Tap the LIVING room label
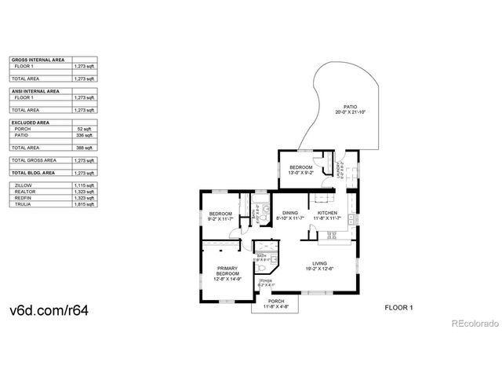coord(320,264)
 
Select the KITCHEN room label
coord(327,213)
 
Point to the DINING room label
coord(290,213)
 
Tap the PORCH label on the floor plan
coord(275,301)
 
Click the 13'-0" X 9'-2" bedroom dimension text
coord(302,172)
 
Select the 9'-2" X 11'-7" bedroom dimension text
coord(220,219)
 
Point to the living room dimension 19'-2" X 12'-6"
coord(320,269)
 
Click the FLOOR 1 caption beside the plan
coord(398,307)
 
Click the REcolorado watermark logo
coord(473,323)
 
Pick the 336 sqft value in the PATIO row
coord(85,135)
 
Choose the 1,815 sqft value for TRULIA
coord(84,204)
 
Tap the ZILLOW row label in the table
coord(24,185)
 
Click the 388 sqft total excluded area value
coord(85,148)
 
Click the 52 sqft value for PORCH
coord(85,129)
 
